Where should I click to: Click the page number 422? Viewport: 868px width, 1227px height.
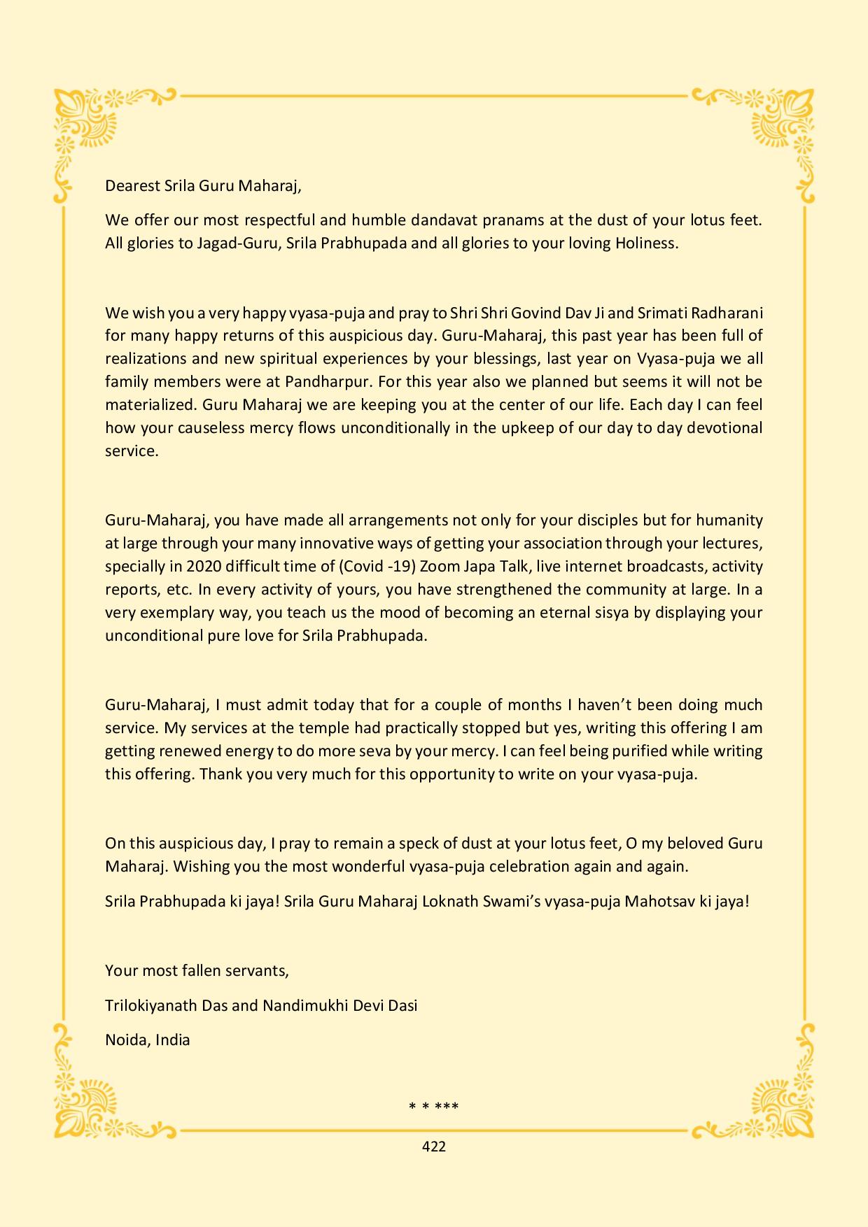coord(434,1147)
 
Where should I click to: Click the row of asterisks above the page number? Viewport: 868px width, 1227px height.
coord(434,1107)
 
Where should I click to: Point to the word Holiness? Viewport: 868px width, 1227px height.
coord(647,244)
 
